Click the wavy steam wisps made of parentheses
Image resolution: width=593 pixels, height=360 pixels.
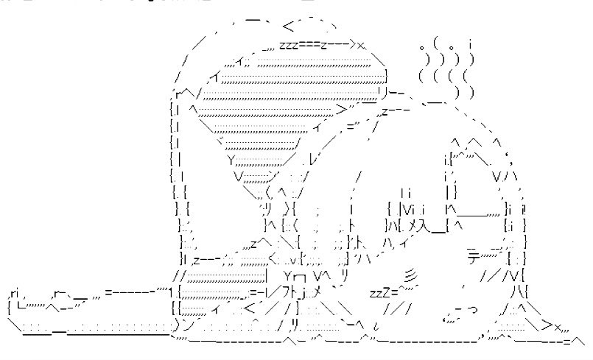coord(446,69)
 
